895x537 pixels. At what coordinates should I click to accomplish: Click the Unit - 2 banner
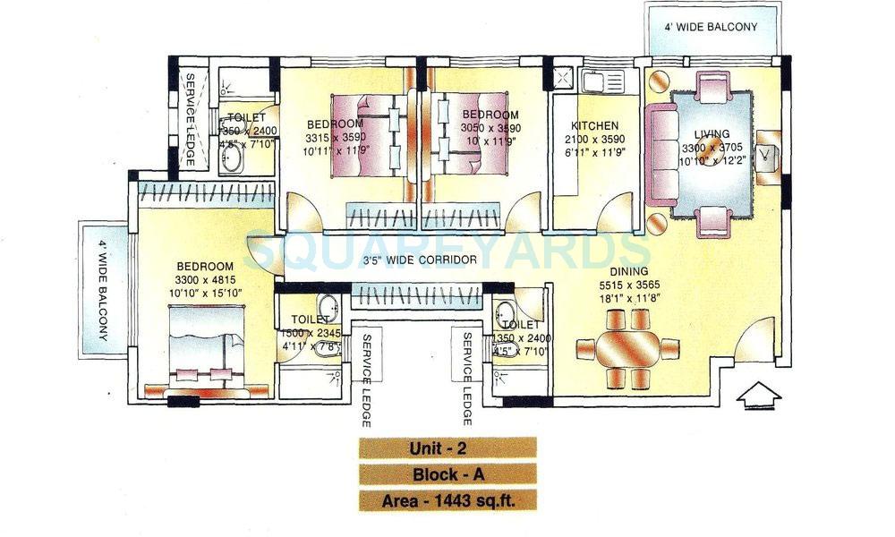point(447,448)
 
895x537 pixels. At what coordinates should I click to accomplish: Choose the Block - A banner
point(447,474)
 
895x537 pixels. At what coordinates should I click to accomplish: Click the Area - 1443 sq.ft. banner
point(447,499)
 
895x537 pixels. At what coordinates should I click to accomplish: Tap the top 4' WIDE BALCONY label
point(711,27)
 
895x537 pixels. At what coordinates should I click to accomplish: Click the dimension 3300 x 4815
point(205,279)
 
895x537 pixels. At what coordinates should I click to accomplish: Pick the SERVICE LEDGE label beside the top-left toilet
point(190,118)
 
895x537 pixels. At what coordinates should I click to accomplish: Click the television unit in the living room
point(768,157)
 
